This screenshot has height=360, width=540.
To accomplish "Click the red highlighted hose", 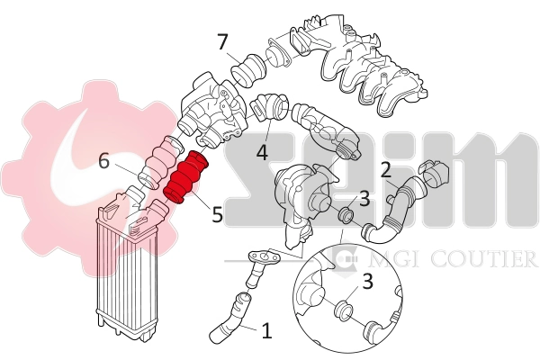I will [185, 180].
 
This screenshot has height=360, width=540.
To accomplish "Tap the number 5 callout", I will [217, 215].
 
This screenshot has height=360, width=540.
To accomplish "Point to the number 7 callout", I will [222, 42].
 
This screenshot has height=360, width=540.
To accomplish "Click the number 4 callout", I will [262, 152].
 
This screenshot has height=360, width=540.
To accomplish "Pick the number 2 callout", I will [385, 169].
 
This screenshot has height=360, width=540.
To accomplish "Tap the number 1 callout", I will [265, 331].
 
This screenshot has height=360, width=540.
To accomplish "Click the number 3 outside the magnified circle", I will [364, 198].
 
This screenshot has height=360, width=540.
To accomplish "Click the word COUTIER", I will [485, 260].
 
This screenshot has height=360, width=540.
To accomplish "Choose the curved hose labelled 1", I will [229, 319].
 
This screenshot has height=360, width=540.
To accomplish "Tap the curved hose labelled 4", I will [269, 108].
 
